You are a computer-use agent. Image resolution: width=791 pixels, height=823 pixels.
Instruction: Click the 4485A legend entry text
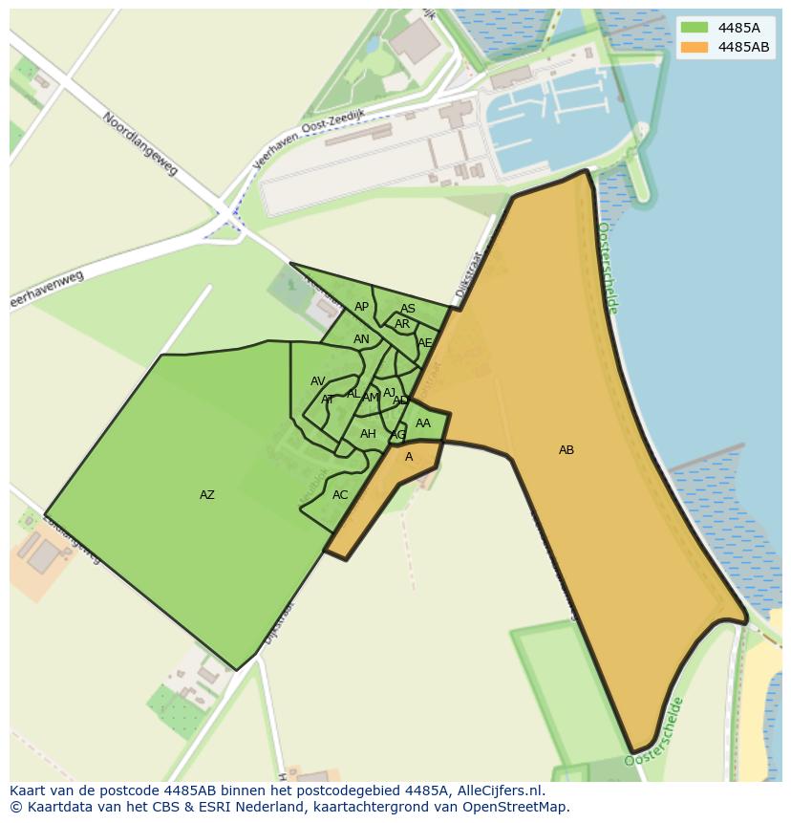point(738,28)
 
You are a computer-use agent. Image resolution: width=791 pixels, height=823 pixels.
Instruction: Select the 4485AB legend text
point(743,47)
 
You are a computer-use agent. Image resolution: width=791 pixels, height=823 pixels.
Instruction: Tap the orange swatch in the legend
point(695,47)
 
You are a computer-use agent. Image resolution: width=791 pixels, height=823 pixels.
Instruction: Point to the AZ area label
point(207,495)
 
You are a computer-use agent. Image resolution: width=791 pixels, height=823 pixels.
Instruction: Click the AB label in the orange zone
point(567,450)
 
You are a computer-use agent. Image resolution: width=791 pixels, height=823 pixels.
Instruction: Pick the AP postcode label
point(361,307)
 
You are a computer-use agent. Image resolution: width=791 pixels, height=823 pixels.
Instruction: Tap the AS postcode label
point(408,309)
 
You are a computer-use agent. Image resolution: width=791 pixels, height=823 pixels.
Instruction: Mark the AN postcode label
point(361,339)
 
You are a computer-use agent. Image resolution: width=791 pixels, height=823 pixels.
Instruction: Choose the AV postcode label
point(318,381)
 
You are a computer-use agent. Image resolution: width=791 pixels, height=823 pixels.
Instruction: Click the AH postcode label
point(368,434)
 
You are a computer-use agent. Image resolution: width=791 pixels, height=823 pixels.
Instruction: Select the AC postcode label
point(340,495)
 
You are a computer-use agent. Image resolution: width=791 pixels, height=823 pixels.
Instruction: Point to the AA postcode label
point(423,423)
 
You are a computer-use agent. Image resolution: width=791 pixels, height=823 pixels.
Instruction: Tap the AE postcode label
point(425,343)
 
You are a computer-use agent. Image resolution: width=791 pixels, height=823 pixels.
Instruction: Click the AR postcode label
point(402,324)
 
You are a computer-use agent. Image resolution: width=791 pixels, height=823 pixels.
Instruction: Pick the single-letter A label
point(409,457)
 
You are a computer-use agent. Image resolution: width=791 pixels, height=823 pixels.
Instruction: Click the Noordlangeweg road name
point(140,144)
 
